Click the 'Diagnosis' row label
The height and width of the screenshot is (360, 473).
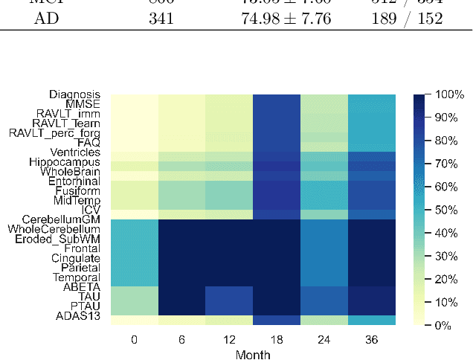(x=75, y=94)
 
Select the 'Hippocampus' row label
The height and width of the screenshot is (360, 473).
(x=65, y=161)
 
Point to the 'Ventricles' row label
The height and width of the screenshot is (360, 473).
(x=71, y=152)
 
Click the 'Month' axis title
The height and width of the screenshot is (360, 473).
(x=254, y=355)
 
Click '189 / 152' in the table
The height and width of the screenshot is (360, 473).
(x=406, y=19)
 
